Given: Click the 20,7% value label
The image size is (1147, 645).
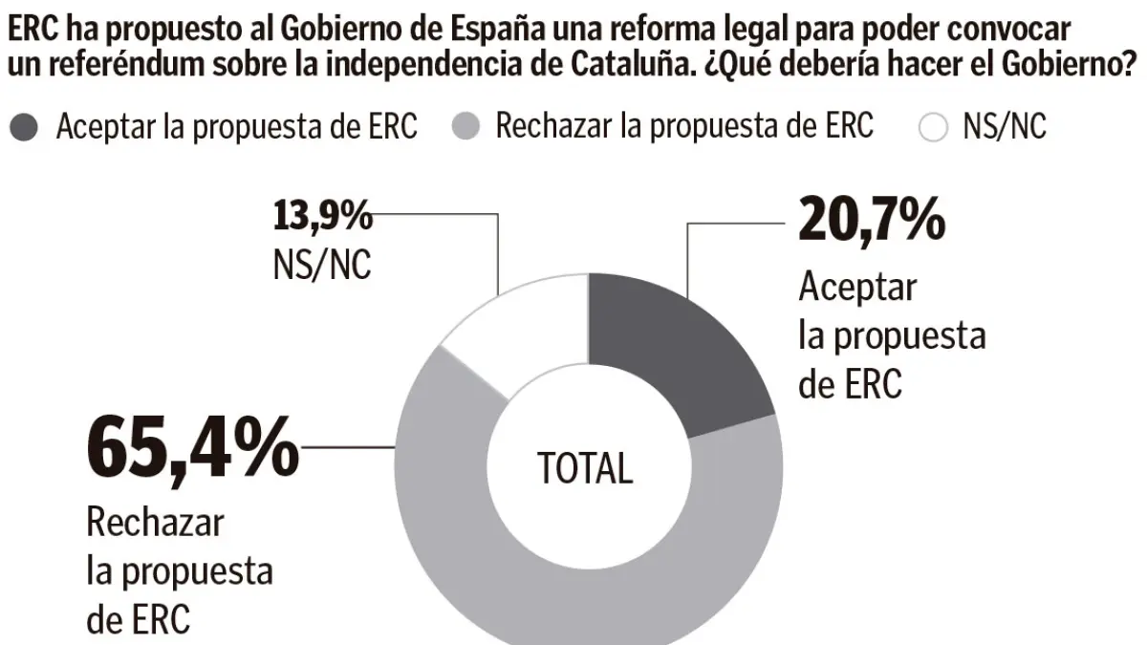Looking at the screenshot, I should (871, 223).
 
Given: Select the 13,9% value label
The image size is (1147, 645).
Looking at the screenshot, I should (322, 217).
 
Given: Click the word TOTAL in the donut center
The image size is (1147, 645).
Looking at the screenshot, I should (585, 468).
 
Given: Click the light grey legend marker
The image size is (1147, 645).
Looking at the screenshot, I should (465, 128).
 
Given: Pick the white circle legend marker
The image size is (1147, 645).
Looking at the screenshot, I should (932, 128).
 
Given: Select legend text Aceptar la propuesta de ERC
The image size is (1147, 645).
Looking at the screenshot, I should (237, 128).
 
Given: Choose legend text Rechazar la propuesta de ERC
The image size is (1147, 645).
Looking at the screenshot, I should (684, 128).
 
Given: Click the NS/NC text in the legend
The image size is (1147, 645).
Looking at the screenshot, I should (1005, 128).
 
